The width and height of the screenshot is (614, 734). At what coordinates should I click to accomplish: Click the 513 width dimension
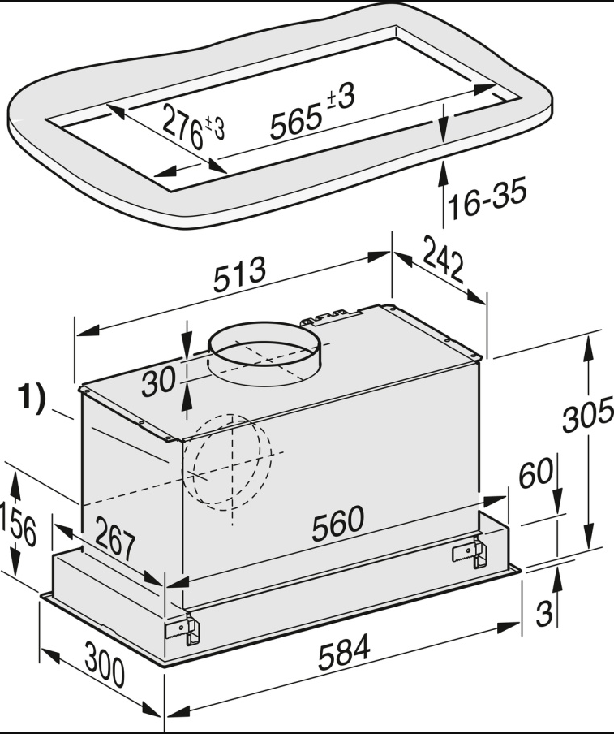(x=240, y=277)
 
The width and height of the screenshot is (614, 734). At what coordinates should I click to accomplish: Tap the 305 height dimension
(x=589, y=418)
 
